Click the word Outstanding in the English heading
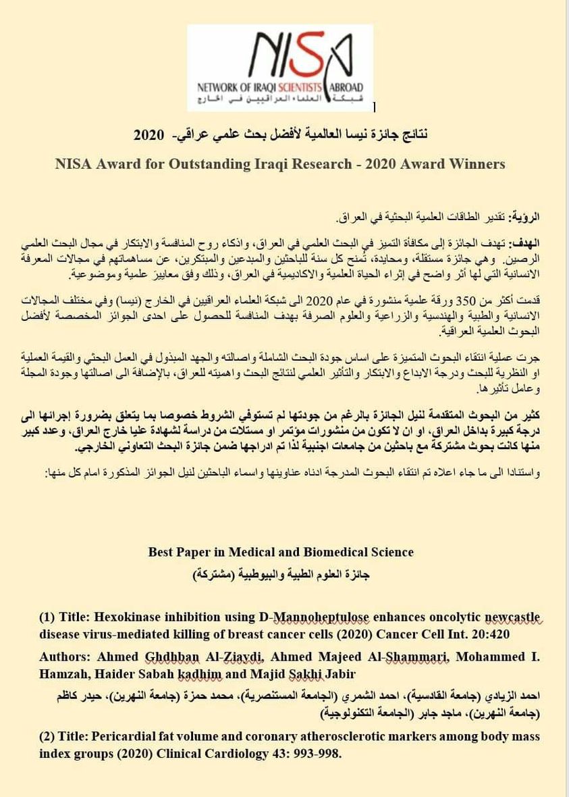(234, 163)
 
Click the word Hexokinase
(128, 617)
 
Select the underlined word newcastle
(510, 617)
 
